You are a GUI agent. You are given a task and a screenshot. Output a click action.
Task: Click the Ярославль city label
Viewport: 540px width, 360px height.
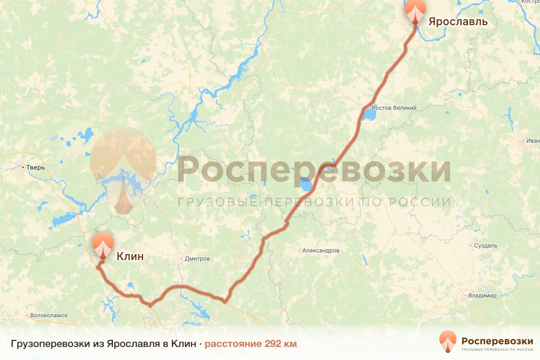(458, 22)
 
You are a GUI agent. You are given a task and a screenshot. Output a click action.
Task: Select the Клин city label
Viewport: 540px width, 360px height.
(130, 256)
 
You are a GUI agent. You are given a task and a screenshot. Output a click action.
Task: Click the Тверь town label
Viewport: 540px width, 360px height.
(36, 168)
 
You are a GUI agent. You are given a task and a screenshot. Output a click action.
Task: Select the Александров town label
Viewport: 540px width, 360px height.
(321, 250)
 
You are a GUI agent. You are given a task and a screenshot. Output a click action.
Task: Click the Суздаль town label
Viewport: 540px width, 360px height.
(486, 246)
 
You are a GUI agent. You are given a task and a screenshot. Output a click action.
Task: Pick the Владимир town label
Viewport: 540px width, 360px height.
(482, 296)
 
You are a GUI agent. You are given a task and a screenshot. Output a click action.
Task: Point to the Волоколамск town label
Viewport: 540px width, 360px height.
(49, 315)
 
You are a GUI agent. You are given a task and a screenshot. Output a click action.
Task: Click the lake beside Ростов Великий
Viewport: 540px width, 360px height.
(369, 116)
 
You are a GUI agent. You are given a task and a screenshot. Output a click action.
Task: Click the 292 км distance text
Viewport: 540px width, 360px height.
(281, 344)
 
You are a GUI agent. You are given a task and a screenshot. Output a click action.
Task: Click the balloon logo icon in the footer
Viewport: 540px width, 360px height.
(448, 341)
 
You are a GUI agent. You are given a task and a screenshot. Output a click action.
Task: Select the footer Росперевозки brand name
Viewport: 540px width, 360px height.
(497, 340)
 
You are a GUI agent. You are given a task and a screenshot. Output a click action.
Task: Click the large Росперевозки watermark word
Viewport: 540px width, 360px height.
(314, 169)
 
